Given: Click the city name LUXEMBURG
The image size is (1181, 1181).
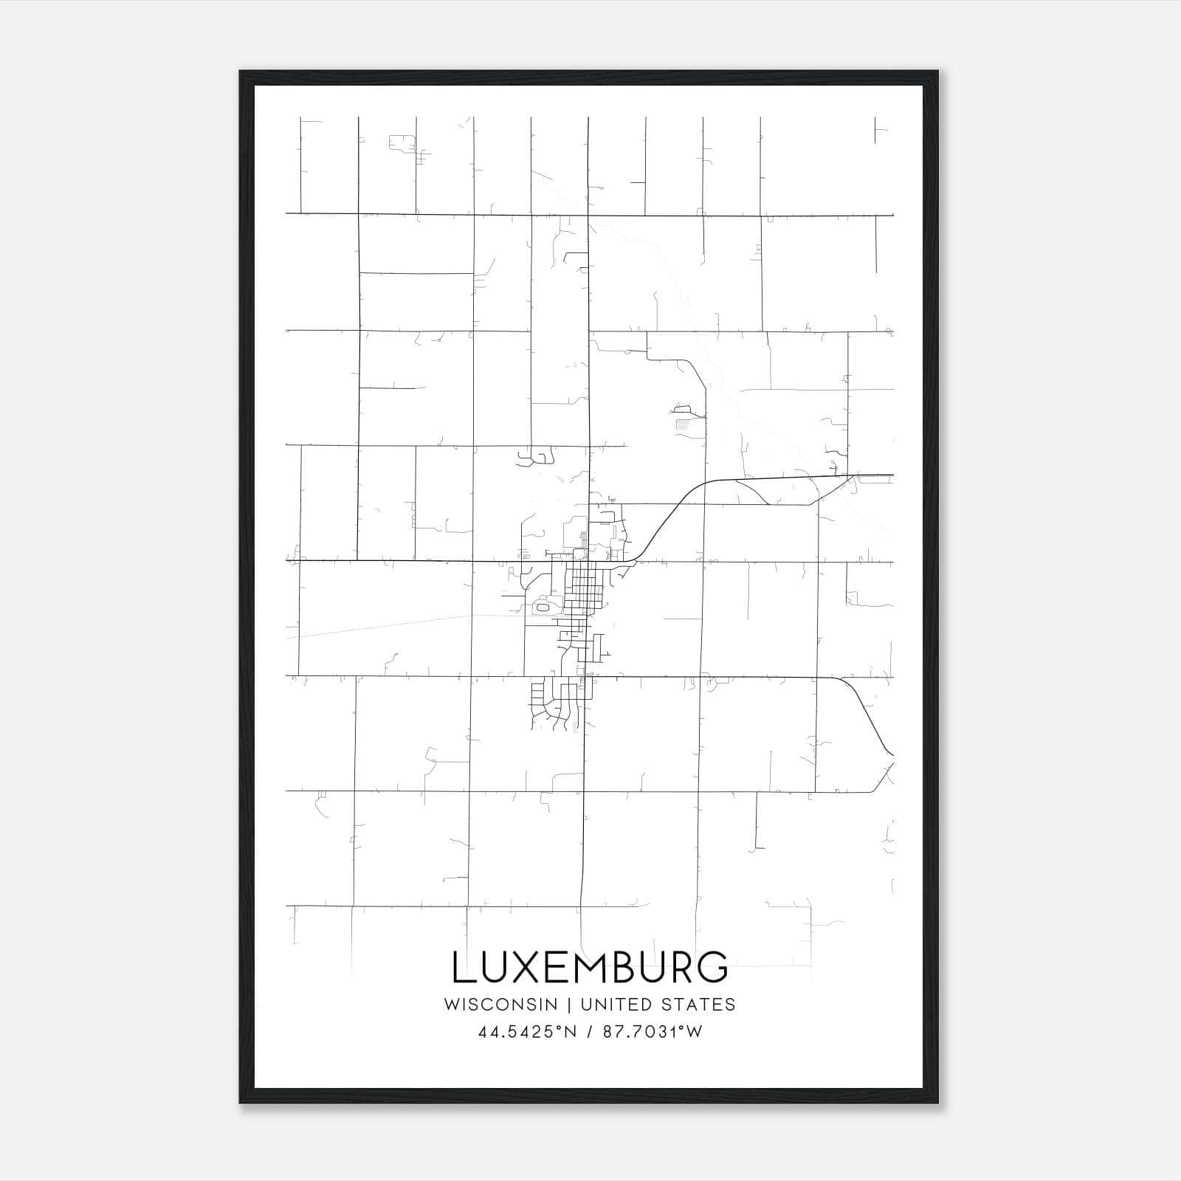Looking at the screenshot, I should click(590, 967).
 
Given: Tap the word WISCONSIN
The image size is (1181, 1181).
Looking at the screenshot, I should click(506, 1005).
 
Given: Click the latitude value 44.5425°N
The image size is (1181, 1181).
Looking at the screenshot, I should click(526, 1032).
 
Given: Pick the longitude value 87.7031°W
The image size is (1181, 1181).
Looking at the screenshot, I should click(653, 1032).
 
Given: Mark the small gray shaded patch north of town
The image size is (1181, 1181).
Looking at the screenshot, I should click(682, 424).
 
